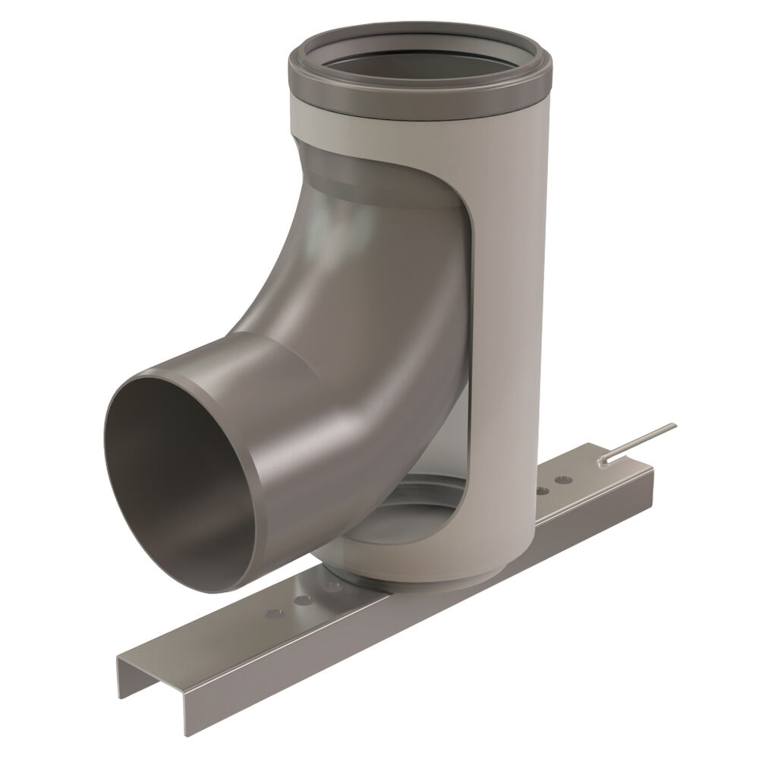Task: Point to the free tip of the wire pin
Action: pyautogui.click(x=672, y=426)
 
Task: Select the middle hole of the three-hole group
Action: pyautogui.click(x=304, y=600)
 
